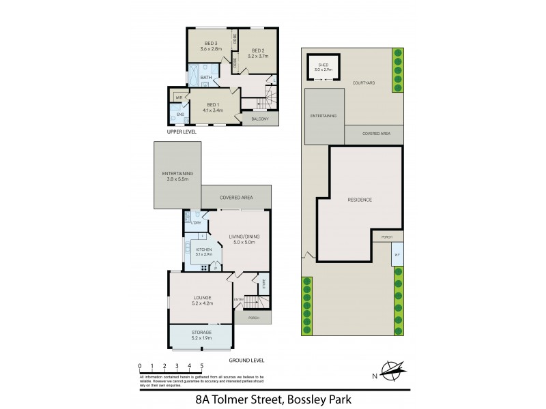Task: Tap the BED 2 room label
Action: [x=257, y=50]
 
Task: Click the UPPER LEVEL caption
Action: [x=182, y=132]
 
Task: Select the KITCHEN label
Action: [x=204, y=250]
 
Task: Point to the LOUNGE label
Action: [x=202, y=297]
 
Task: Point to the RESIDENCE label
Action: [x=360, y=200]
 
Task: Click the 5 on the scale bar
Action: [x=201, y=366]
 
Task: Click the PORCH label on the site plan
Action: [x=387, y=237]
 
